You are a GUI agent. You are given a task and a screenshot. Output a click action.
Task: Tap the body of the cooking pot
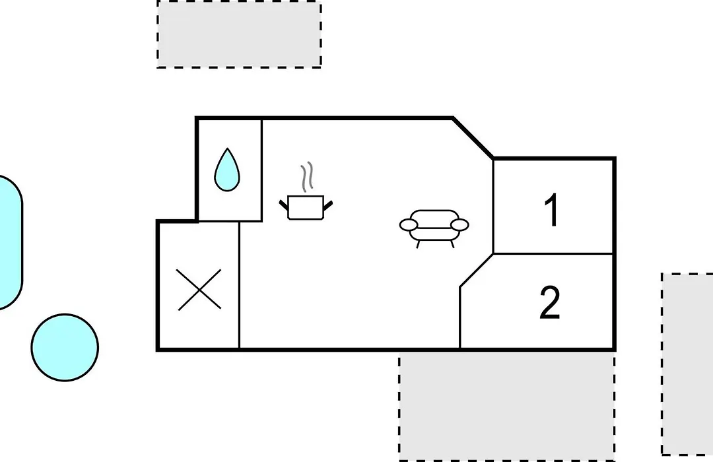(306, 207)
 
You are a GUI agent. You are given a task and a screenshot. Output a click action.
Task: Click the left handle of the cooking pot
(284, 204)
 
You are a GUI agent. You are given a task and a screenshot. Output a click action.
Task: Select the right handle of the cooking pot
(327, 205)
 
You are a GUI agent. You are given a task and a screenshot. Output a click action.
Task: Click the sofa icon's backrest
(434, 216)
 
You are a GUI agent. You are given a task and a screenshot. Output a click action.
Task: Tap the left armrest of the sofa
(409, 224)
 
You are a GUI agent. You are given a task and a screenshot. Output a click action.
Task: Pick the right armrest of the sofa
(459, 224)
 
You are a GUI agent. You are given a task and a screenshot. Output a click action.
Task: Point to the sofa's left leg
(418, 244)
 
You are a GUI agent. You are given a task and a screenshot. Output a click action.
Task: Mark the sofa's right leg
(452, 244)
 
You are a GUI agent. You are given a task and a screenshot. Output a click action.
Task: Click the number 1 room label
(552, 209)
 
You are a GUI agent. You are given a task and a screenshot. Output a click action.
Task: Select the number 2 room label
(550, 303)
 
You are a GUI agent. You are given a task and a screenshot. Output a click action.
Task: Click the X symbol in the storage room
(199, 290)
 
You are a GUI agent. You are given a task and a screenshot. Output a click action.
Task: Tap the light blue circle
(65, 347)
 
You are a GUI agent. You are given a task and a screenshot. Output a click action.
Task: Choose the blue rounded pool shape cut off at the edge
(10, 242)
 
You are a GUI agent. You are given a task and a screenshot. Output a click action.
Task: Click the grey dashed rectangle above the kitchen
(239, 34)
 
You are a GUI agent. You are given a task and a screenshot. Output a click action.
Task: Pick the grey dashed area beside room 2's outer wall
(687, 364)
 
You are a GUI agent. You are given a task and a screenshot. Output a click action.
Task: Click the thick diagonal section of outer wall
(473, 138)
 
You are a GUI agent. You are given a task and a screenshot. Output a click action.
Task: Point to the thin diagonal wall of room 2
(477, 270)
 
